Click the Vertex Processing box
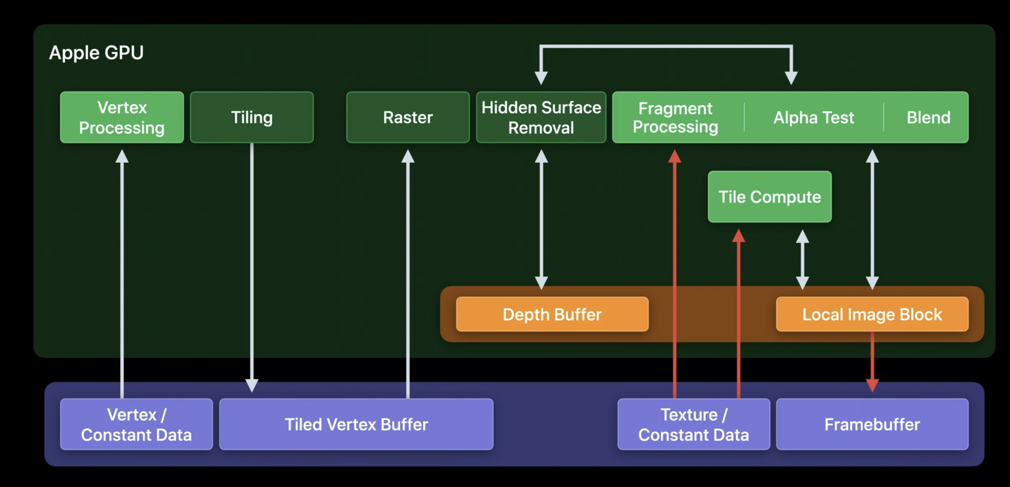click(122, 117)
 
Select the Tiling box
click(252, 117)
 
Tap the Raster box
click(408, 117)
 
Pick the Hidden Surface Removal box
click(541, 117)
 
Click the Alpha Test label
click(814, 117)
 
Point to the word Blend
click(928, 117)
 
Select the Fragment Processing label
click(675, 117)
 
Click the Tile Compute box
click(770, 196)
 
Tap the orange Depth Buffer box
click(552, 314)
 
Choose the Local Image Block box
click(872, 314)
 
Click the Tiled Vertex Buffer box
click(356, 424)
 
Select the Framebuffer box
click(872, 424)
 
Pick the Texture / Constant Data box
click(694, 424)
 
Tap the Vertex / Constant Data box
click(136, 424)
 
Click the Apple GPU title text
click(96, 52)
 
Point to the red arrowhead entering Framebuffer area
click(872, 386)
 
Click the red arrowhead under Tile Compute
click(738, 235)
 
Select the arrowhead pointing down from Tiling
click(252, 386)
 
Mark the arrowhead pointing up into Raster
click(408, 156)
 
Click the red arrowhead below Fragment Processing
click(674, 156)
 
